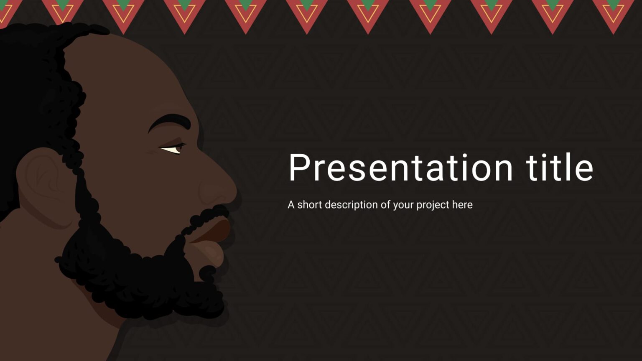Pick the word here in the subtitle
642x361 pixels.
click(462, 205)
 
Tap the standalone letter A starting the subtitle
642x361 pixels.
click(291, 205)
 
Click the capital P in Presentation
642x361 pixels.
click(298, 168)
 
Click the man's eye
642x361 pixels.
click(173, 149)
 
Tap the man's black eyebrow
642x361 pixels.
click(169, 122)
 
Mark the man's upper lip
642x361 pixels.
click(217, 230)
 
